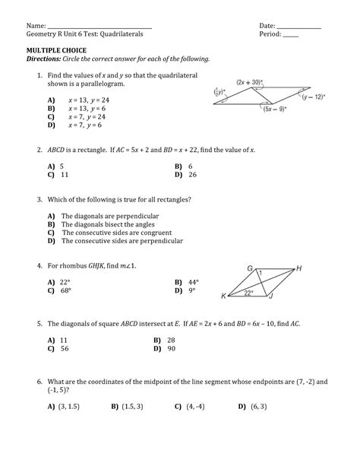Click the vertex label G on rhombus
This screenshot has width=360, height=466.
(x=250, y=268)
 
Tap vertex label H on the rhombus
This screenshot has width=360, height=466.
(x=300, y=269)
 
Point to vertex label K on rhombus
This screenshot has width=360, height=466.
(x=223, y=296)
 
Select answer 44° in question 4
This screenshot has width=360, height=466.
(x=193, y=281)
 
